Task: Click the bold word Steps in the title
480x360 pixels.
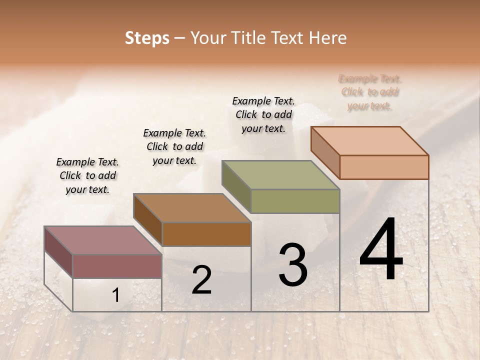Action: pos(147,38)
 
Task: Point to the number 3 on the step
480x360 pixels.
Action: pos(293,264)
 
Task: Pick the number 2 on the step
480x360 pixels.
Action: pos(201,280)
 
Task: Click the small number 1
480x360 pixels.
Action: pos(115,295)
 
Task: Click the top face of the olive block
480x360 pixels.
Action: pos(280,174)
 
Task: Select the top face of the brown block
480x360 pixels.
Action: pos(192,207)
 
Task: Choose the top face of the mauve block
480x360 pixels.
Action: pos(103,240)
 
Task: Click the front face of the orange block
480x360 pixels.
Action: pos(384,167)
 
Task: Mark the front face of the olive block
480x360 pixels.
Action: pos(295,201)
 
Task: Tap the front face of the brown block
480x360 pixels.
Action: pos(206,234)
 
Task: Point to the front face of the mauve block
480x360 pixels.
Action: pos(117,266)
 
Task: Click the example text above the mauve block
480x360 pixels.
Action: pos(87,175)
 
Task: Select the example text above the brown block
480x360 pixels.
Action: pos(174,146)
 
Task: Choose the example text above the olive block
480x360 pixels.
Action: pos(263,114)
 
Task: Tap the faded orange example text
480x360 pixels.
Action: pos(370,92)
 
